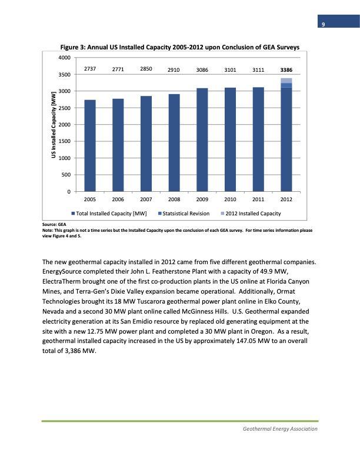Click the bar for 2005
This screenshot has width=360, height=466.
90,145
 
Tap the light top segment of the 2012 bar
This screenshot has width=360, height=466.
286,81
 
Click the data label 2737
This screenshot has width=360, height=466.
90,69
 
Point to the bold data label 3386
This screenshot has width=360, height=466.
286,70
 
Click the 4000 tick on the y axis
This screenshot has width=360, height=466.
64,58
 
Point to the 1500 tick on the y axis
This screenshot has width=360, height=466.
64,141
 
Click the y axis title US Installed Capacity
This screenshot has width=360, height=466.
54,124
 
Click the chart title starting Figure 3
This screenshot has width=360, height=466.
180,46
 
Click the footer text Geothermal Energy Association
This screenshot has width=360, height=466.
280,429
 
